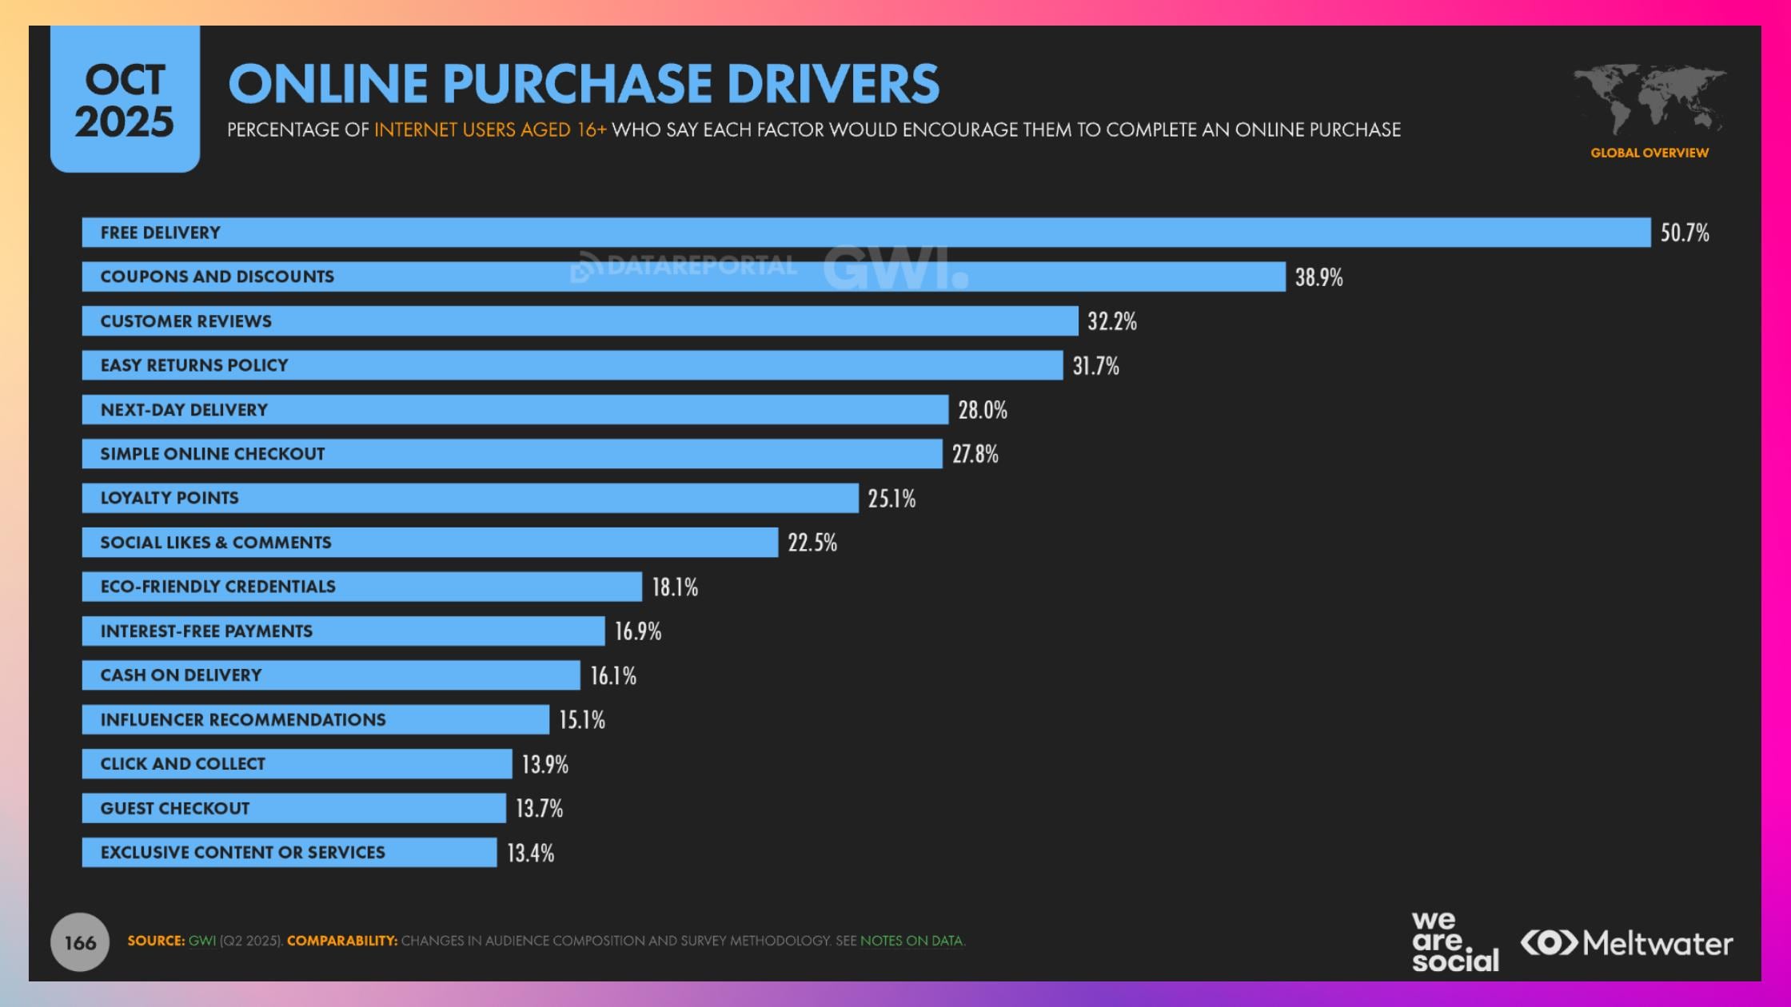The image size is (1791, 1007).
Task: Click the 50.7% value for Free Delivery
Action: coord(1684,233)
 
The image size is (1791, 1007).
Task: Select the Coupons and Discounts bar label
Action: coord(217,277)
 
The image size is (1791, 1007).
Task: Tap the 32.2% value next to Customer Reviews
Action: coord(1111,321)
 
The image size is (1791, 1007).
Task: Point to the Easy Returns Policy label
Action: coord(193,365)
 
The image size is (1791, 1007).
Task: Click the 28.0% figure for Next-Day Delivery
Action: coord(982,410)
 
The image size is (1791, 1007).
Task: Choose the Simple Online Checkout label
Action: coord(212,454)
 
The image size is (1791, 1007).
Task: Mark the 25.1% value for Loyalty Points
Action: coord(891,499)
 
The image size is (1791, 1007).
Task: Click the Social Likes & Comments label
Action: coord(215,543)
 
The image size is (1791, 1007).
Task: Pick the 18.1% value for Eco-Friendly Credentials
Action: coord(674,587)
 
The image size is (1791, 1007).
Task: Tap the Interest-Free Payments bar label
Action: coord(205,631)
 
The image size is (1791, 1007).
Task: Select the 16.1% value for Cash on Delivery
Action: coord(612,676)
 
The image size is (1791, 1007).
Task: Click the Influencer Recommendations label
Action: coord(242,720)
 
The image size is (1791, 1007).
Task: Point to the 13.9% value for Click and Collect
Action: coord(544,765)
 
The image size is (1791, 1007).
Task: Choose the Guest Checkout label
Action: coord(174,809)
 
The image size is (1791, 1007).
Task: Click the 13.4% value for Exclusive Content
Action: coord(530,853)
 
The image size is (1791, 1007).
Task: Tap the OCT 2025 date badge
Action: coord(125,101)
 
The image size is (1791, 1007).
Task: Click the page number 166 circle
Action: coord(80,942)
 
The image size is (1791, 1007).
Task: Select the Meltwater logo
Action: coord(1626,943)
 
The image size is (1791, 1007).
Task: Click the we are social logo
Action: coord(1454,942)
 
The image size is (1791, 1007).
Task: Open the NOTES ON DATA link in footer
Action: coord(911,941)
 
